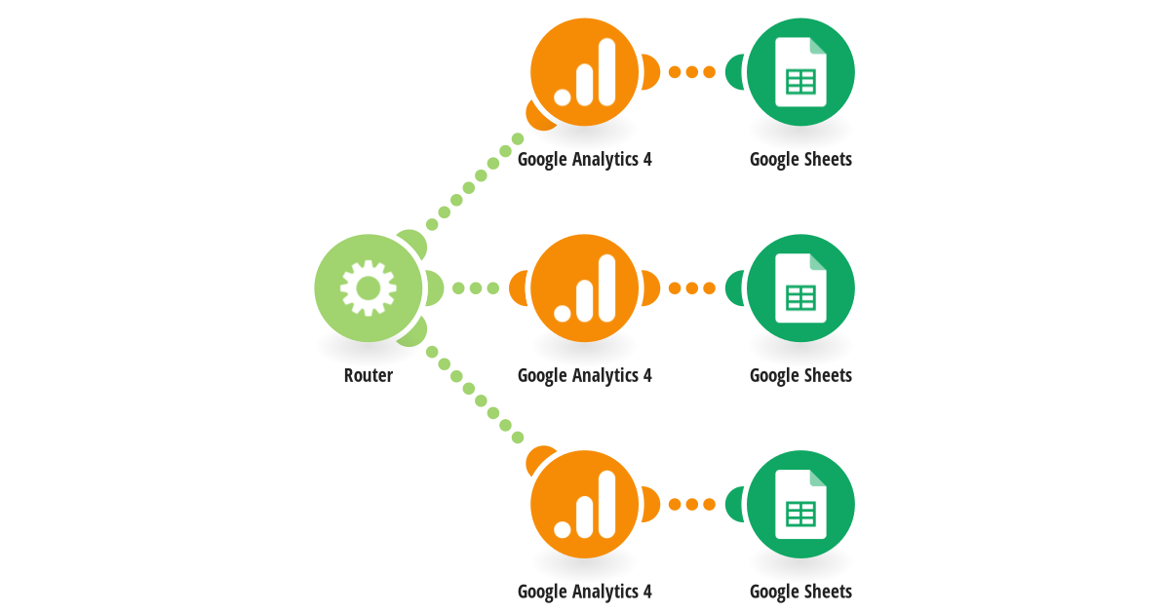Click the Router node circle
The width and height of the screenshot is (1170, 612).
(369, 288)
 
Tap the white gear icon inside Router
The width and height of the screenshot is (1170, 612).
(369, 288)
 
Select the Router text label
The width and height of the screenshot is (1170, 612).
(369, 375)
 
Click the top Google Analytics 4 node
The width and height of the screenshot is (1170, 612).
(584, 72)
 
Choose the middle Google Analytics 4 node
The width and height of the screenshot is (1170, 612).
(584, 288)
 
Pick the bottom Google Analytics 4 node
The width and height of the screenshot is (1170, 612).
(584, 505)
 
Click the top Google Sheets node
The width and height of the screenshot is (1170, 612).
(800, 72)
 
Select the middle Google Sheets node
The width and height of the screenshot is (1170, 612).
(800, 288)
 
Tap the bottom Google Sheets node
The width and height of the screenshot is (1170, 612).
(800, 505)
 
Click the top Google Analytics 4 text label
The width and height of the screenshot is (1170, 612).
(584, 159)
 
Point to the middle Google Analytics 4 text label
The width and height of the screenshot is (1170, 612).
(584, 375)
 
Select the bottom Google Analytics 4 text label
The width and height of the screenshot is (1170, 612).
(584, 592)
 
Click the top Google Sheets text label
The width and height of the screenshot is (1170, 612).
(800, 159)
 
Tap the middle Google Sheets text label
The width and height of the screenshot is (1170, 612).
(800, 375)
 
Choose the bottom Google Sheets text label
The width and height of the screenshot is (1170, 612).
(800, 592)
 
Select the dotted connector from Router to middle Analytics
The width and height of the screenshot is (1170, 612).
(476, 288)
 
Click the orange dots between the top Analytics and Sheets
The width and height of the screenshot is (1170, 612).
(692, 72)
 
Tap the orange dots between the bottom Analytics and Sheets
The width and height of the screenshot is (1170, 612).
(692, 505)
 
